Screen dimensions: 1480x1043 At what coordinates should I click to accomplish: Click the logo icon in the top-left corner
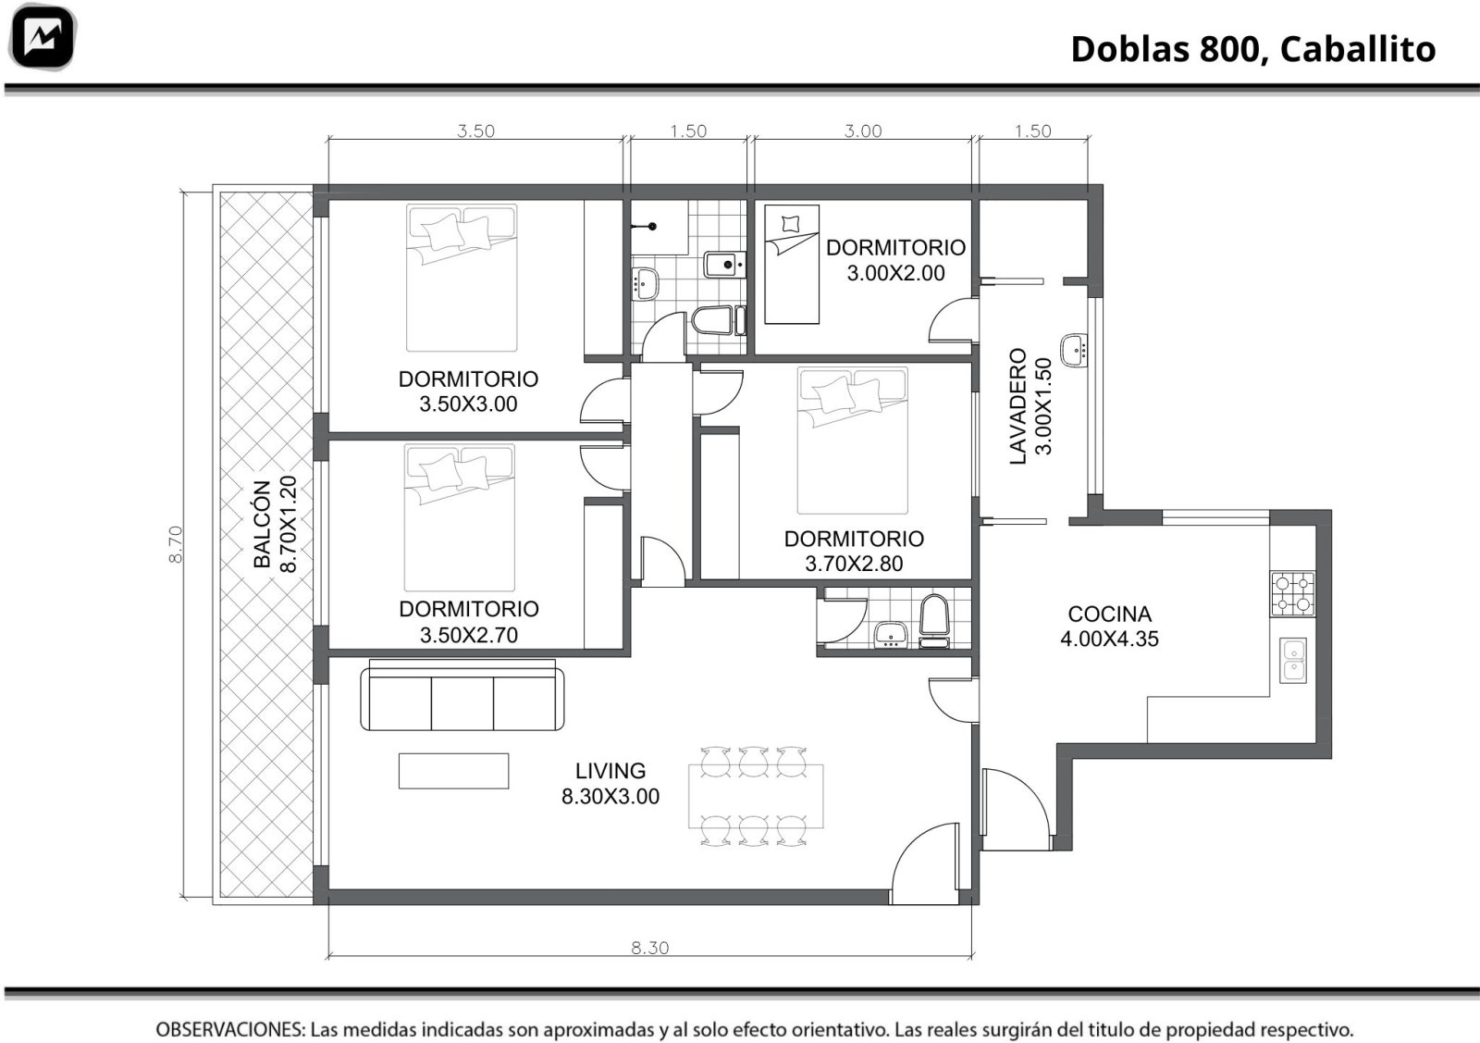tap(43, 37)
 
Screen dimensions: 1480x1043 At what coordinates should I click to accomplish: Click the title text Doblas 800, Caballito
tap(1253, 49)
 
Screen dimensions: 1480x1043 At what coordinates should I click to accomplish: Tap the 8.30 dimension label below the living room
tap(650, 948)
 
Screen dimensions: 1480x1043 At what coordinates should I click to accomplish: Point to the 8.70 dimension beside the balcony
tap(176, 544)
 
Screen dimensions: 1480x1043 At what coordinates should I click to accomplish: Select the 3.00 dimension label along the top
tap(863, 130)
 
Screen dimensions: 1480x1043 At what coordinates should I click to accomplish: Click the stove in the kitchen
tap(1292, 593)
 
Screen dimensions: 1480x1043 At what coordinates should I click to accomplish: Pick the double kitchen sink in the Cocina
tap(1293, 660)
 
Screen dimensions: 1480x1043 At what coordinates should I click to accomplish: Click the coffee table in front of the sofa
tap(453, 771)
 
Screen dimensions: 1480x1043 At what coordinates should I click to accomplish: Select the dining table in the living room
tap(756, 796)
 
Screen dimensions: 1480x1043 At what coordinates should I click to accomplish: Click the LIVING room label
tap(610, 771)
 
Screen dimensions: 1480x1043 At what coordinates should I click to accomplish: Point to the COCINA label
tap(1109, 614)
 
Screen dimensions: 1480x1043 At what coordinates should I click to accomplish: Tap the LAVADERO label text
tap(1018, 406)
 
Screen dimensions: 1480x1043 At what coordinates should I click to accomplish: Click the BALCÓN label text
tap(263, 524)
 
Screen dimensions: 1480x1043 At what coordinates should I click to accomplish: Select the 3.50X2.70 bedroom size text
tap(468, 635)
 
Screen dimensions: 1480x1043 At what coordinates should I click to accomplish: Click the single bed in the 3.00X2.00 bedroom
tap(792, 265)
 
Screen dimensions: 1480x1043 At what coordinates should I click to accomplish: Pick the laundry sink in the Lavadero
tap(1074, 350)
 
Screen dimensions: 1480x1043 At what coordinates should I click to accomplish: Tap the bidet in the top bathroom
tap(725, 265)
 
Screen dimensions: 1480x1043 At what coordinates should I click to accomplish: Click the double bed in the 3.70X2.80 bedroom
tap(852, 441)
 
